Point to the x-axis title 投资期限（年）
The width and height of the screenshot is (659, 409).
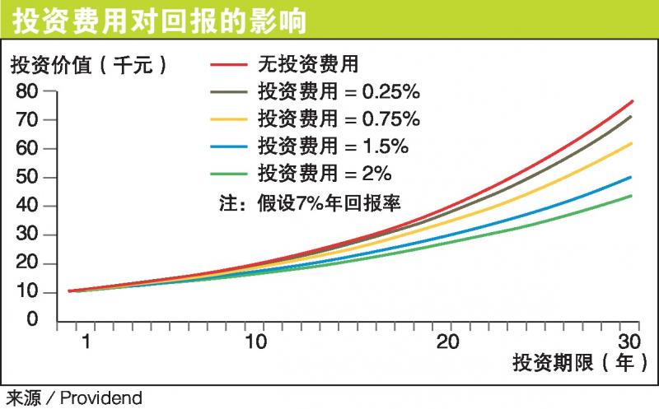tap(576, 362)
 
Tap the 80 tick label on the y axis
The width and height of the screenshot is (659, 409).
tap(28, 91)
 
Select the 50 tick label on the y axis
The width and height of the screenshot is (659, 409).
tap(28, 177)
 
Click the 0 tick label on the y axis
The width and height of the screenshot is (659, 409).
tap(33, 320)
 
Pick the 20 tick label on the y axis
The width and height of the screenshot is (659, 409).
tap(28, 263)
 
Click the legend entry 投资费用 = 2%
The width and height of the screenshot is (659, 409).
tap(324, 175)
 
